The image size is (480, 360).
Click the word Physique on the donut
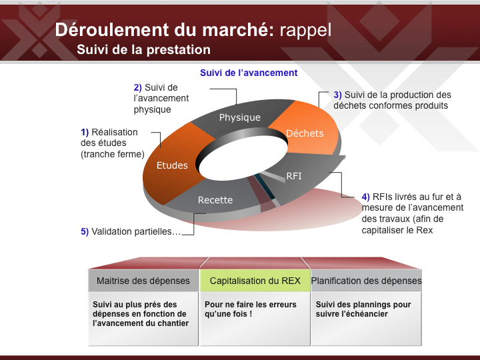[240, 117]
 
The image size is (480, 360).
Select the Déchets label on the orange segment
[305, 133]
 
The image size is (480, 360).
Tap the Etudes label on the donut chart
[172, 165]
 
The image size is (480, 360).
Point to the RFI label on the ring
[294, 176]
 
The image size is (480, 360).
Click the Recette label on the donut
[215, 200]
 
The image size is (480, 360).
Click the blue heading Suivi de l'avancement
[249, 73]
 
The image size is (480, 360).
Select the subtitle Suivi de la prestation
[143, 49]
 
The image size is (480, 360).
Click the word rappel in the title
[305, 30]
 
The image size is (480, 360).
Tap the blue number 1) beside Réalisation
[85, 132]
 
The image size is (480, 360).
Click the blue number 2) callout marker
[138, 87]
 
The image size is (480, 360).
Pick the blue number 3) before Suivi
[337, 95]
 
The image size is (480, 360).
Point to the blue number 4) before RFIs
[366, 197]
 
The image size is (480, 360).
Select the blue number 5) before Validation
[85, 231]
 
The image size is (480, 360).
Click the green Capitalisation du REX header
[255, 281]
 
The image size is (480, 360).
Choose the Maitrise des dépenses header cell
[143, 281]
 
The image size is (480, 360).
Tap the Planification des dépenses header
[366, 281]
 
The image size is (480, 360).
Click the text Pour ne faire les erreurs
[251, 305]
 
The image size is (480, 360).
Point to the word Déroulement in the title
[112, 30]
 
